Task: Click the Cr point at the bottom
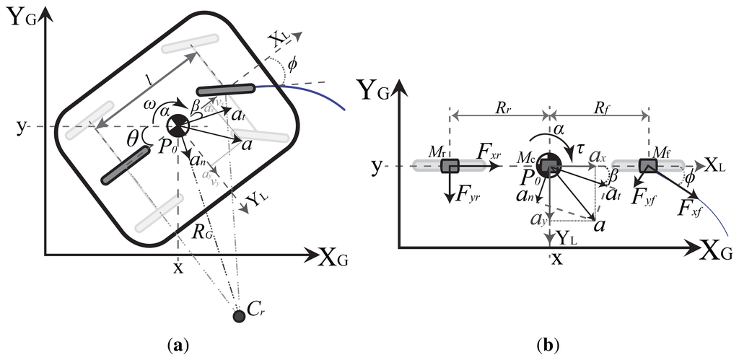click(x=239, y=316)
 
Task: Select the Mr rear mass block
click(x=450, y=167)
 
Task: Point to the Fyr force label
click(x=468, y=197)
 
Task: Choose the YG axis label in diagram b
click(x=382, y=91)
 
